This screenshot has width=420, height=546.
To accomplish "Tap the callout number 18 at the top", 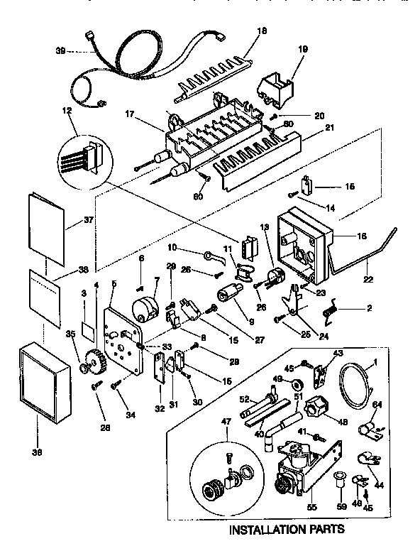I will (243, 31).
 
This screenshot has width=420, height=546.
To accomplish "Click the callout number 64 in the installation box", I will (377, 405).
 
